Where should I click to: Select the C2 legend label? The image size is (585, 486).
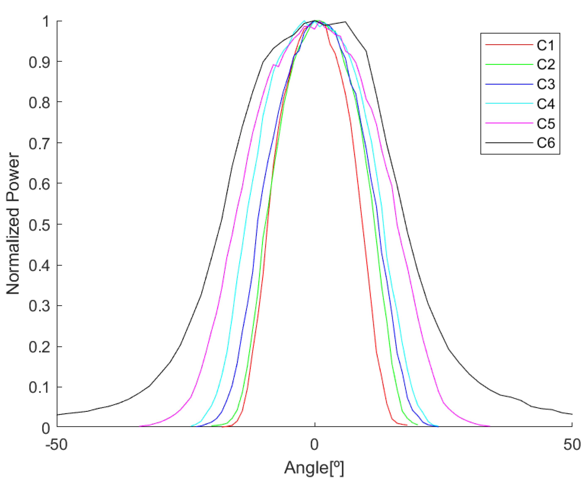point(546,65)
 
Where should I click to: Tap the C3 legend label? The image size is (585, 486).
point(546,84)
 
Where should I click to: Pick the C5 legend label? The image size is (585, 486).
point(546,124)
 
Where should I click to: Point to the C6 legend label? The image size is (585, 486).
point(546,143)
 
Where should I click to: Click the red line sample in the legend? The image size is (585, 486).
point(509,45)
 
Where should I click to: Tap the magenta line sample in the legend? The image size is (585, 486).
point(509,123)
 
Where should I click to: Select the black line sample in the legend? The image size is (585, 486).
point(509,143)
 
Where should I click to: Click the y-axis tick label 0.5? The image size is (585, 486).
point(39,225)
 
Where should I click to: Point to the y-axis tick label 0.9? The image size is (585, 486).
point(39,62)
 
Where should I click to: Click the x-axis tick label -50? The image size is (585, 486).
point(56,445)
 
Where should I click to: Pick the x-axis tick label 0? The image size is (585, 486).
point(314,445)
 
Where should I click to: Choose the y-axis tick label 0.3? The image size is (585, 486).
point(39,306)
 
